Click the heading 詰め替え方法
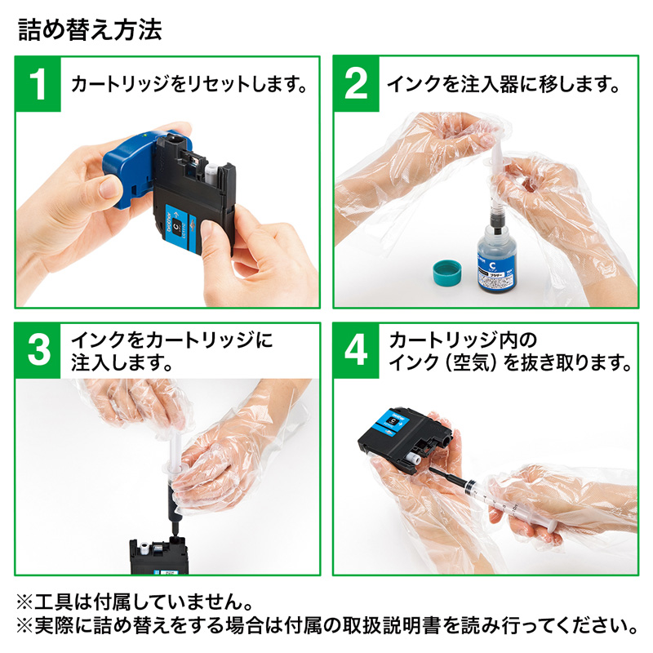(x=89, y=30)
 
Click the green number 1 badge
(x=38, y=84)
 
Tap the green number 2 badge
(x=356, y=84)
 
